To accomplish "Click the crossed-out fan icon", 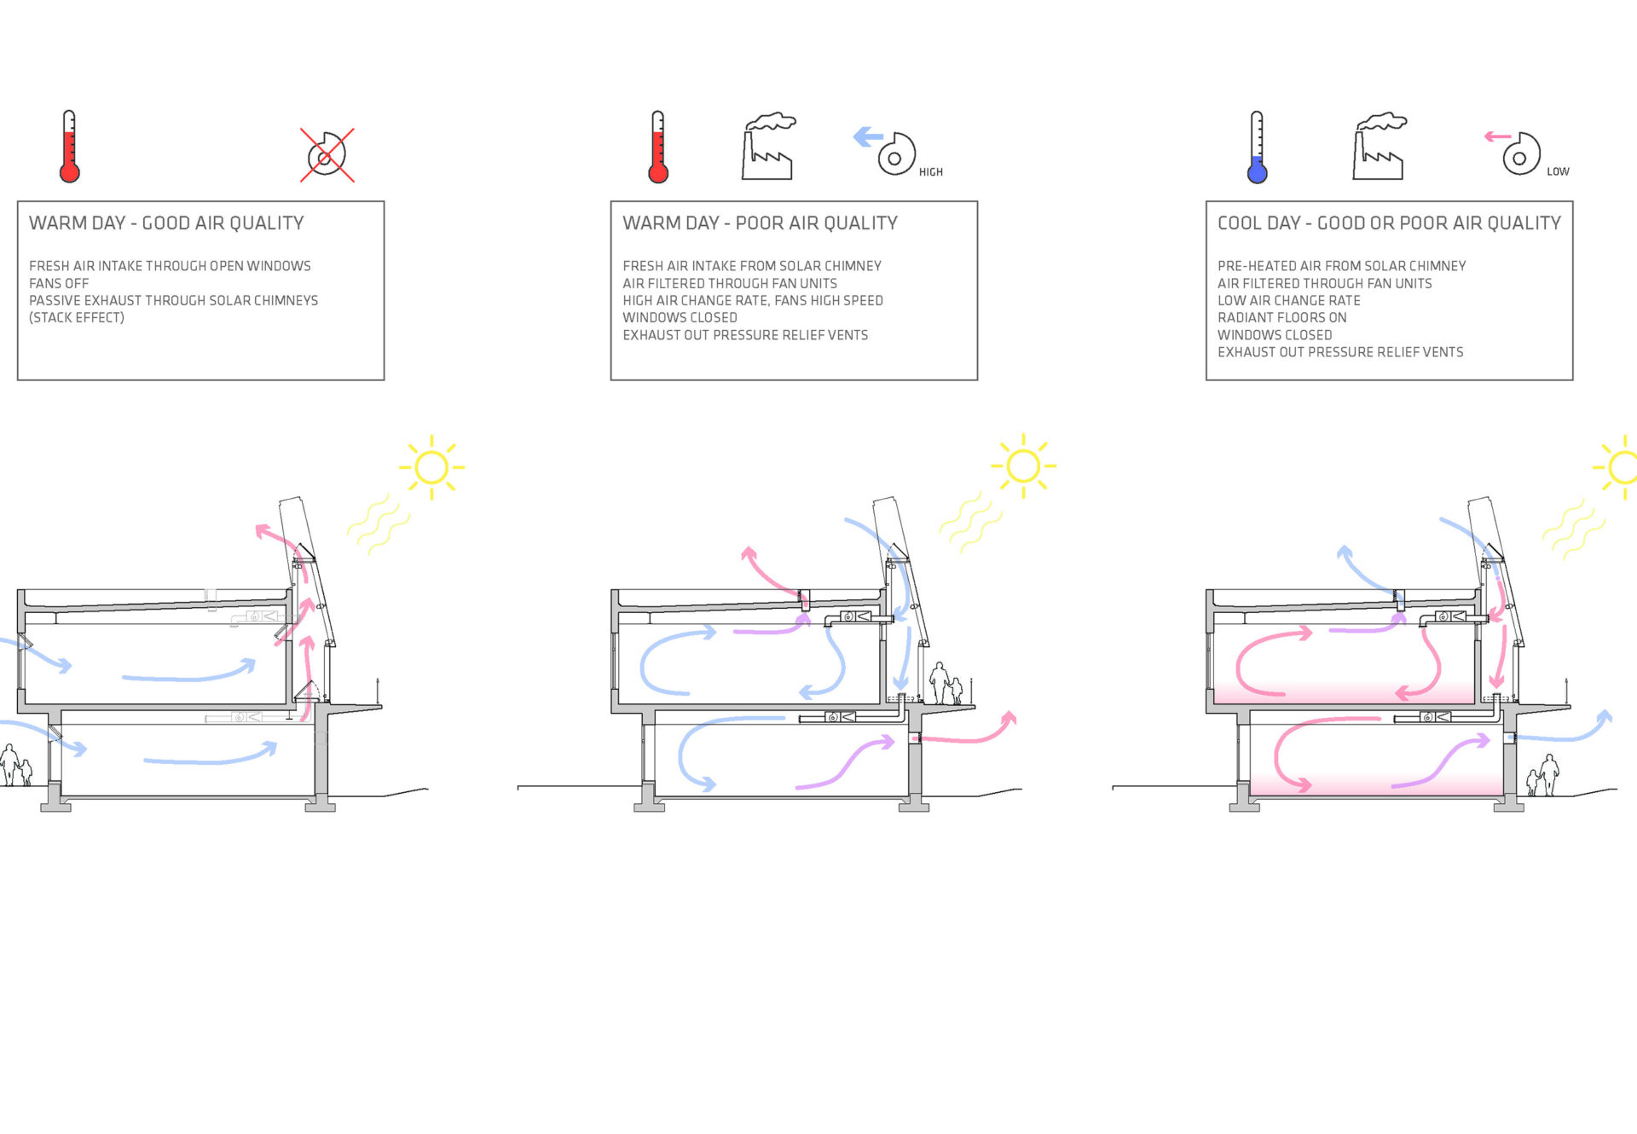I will [x=327, y=155].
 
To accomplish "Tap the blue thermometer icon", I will [x=1257, y=148].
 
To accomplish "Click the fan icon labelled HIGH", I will [x=895, y=154].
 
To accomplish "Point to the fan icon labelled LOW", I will [x=1520, y=154].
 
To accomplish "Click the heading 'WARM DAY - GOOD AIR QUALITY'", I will [x=166, y=223].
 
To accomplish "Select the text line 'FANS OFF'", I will [x=59, y=283].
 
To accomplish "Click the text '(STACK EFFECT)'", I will [x=77, y=317].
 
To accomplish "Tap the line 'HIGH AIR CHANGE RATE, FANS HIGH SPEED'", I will [x=752, y=300].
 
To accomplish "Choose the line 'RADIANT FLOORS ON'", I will [x=1281, y=317].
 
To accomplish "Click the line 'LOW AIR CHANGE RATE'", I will [x=1288, y=300].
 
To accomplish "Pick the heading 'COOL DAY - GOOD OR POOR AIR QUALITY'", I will [x=1388, y=223].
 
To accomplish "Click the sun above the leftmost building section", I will [x=431, y=467].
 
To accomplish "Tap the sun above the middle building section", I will [x=1023, y=466].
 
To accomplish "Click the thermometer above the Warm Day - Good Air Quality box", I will [x=70, y=148].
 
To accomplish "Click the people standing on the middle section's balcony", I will [x=946, y=684].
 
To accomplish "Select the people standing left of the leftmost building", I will [x=15, y=766].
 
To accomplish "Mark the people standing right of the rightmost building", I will [x=1544, y=775].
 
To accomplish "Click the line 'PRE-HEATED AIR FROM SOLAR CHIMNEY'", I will [x=1341, y=266].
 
